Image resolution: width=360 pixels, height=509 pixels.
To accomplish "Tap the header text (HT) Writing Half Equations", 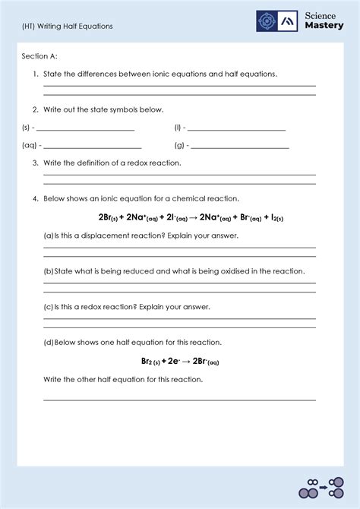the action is (67, 26).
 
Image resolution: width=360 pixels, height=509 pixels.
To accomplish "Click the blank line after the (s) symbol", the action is (85, 130).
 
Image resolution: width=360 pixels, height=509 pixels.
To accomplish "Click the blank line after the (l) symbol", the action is (236, 130).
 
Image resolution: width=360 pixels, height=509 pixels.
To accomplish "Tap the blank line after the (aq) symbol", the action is (93, 147).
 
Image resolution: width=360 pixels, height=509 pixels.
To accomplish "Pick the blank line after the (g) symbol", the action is (240, 147).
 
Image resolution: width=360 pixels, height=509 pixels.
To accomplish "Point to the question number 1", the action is (35, 74).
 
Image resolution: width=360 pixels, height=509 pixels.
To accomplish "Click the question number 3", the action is (35, 163).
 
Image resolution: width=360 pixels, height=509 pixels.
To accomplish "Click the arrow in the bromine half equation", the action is (185, 362).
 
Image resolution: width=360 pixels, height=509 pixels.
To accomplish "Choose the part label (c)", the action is (48, 307).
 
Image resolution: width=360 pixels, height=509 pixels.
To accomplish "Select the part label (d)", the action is (48, 343).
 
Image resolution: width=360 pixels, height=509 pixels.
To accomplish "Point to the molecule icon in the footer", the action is (319, 488).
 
